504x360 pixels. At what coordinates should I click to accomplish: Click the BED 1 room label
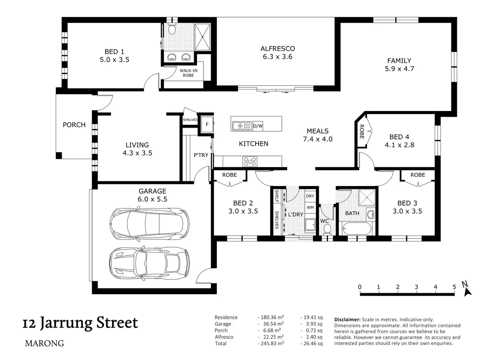[114, 52]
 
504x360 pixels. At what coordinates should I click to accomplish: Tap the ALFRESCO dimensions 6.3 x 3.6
[277, 57]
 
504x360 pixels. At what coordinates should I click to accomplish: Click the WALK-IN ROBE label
[188, 73]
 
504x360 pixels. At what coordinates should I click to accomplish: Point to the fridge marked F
[207, 124]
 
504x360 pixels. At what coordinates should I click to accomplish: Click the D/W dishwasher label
[257, 126]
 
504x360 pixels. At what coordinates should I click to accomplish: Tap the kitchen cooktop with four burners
[250, 161]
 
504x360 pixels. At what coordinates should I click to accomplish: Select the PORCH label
[74, 125]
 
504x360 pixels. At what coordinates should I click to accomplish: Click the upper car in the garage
[149, 224]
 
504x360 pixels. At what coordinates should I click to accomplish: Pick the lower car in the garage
[149, 264]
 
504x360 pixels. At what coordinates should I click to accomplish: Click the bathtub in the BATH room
[357, 229]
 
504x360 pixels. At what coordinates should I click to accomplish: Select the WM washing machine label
[310, 207]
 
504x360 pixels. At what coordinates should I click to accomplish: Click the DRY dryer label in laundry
[310, 196]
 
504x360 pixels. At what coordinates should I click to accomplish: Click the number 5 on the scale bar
[454, 287]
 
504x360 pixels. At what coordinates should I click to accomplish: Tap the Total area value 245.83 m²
[271, 343]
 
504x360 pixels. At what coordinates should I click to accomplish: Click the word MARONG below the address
[44, 343]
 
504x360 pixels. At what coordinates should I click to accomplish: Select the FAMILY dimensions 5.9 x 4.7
[399, 69]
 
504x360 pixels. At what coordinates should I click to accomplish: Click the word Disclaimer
[348, 320]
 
